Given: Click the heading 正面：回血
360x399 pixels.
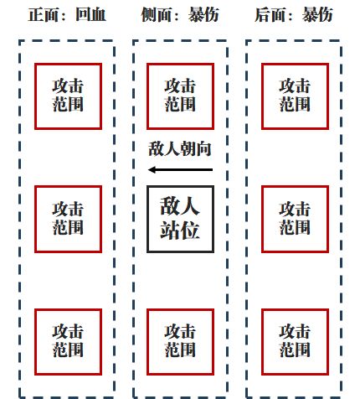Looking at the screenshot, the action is [x=67, y=14].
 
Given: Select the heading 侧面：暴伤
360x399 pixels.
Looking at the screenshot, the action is [x=180, y=14].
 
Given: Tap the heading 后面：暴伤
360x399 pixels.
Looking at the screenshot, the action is [x=294, y=14].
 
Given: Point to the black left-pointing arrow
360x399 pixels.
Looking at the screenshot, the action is [x=180, y=169].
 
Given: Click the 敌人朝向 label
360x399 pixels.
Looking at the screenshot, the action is [x=180, y=148].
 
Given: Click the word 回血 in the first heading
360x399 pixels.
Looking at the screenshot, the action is [x=91, y=14].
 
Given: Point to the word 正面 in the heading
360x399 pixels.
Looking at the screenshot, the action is [x=44, y=14].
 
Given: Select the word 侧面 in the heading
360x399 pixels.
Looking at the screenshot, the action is [x=157, y=14].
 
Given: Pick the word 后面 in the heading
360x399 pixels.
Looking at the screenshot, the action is [x=270, y=14].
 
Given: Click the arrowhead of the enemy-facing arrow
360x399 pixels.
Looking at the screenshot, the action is [x=152, y=169].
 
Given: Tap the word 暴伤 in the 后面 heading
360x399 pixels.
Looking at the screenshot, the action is [x=317, y=14].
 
